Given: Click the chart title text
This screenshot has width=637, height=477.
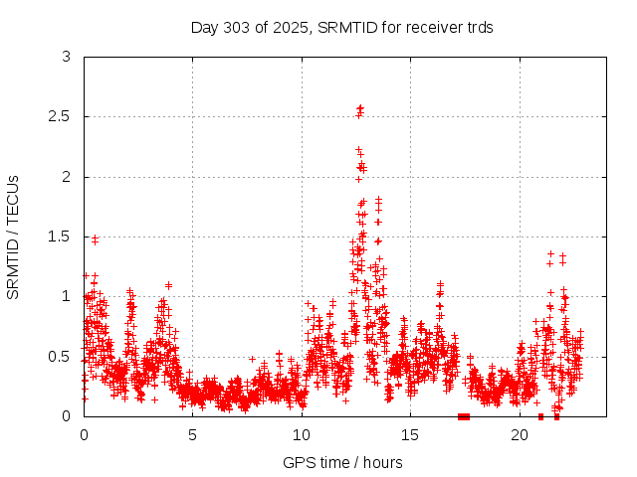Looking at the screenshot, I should (342, 27).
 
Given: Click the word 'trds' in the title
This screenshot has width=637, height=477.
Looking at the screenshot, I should (479, 27).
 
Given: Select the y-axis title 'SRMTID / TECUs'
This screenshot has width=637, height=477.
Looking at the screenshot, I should (14, 237).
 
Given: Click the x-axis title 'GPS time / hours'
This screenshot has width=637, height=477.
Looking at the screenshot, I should (342, 462).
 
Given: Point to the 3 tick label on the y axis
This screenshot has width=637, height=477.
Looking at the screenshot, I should (67, 58).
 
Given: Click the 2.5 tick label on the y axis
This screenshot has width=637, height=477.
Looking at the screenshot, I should (60, 117).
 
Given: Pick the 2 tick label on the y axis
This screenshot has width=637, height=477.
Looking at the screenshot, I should (67, 177).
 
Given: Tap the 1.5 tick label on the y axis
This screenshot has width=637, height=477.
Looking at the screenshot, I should (60, 237).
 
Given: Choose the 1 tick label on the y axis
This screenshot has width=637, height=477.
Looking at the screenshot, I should (67, 296).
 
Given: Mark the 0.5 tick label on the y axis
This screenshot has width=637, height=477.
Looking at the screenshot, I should (60, 356).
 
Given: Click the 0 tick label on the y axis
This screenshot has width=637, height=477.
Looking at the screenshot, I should (67, 415).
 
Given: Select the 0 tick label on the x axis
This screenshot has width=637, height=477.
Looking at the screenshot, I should (84, 435).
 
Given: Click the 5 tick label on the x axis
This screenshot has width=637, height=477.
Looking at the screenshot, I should (193, 435).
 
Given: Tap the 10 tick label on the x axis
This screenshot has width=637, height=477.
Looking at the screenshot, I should (302, 435).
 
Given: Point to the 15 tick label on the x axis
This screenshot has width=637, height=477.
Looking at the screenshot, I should (411, 435).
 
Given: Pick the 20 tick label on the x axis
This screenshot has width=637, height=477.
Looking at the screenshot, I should (520, 435).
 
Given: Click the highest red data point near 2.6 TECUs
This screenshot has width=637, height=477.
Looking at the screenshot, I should (360, 107).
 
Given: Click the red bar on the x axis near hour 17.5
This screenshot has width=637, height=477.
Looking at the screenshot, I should (463, 416).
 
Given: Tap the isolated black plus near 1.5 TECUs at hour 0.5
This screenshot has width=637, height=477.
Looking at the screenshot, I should (95, 239).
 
